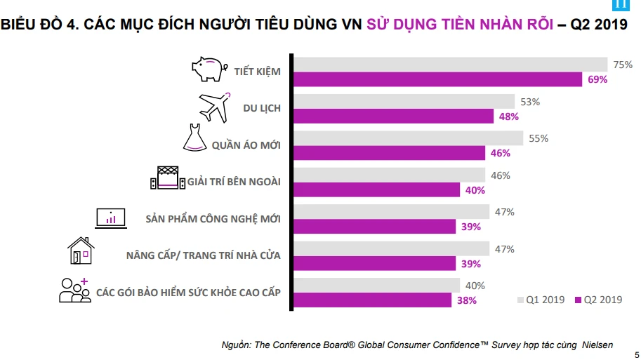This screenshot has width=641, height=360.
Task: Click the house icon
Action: point(81,251)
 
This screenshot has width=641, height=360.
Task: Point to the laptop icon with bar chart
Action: point(110,218)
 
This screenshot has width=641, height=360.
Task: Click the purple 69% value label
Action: point(597,79)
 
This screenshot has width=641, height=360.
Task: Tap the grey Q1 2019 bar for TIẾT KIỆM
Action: point(450,65)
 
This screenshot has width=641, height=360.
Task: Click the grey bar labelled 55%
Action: point(408,138)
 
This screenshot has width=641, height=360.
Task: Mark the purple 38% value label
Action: point(467,300)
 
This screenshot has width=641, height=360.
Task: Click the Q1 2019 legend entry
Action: point(541,300)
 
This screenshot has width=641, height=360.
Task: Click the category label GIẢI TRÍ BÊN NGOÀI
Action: point(234,182)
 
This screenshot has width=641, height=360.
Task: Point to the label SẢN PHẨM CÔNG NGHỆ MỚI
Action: point(213,218)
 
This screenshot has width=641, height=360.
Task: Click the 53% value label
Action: point(530,102)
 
